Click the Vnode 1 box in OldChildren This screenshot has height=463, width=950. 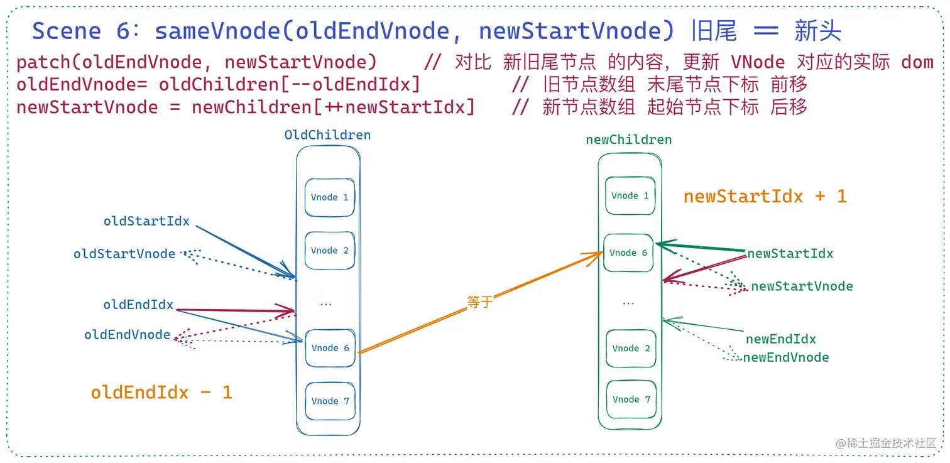pos(330,197)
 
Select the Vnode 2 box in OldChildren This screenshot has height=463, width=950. pos(330,251)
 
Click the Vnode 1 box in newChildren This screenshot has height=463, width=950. pos(630,195)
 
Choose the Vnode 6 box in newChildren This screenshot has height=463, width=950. pos(628,253)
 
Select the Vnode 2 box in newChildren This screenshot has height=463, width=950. pos(631,348)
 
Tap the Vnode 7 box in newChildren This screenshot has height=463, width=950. pos(631,399)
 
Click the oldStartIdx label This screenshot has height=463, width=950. pos(146,221)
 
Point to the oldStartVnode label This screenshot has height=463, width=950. pos(124,254)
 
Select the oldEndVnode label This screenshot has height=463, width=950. pos(127,335)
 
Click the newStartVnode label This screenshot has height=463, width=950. pos(802,286)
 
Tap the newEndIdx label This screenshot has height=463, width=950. pos(780,339)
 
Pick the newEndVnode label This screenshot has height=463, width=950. pos(785,357)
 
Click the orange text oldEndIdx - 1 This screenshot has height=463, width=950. pos(161,393)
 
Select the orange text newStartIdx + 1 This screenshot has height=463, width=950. pos(765,197)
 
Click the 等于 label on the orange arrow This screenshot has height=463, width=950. pos(480,302)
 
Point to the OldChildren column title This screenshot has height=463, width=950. pos(327,135)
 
